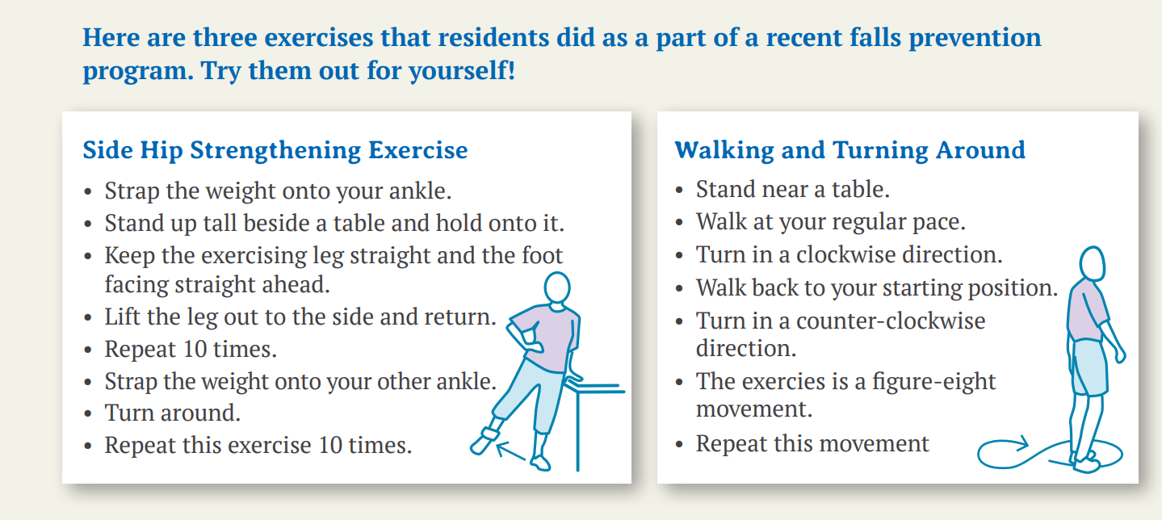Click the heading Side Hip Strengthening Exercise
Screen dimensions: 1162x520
pos(275,150)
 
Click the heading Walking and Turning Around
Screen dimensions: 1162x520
pos(849,150)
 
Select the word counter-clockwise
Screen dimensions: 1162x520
pos(890,321)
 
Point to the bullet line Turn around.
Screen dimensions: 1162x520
pos(172,413)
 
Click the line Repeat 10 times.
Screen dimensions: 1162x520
pos(191,350)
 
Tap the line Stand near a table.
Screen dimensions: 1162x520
pos(793,190)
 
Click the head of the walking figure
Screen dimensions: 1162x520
pos(1092,263)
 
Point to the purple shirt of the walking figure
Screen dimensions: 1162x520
pos(1085,310)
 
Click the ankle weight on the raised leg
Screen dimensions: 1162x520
pos(489,435)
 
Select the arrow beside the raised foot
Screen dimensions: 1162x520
pos(511,451)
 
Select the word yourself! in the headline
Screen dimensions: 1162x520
pos(462,71)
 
